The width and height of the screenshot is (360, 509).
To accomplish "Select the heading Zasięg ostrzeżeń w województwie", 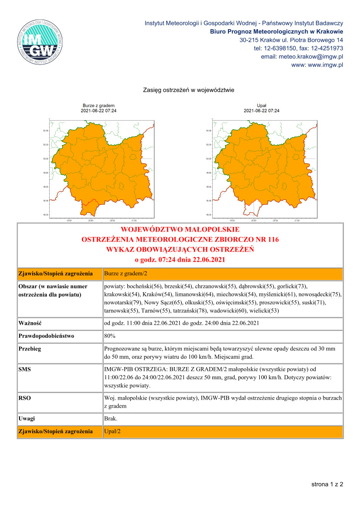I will (189, 91).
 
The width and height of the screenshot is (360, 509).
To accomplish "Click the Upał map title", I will (262, 105).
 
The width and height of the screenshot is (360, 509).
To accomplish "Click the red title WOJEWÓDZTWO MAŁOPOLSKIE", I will (180, 229).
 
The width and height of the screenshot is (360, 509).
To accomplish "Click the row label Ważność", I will (30, 323).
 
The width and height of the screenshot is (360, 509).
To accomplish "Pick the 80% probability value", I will (110, 336).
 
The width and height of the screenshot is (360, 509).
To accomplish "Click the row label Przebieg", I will (30, 349).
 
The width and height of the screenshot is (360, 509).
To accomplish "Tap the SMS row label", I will (25, 369).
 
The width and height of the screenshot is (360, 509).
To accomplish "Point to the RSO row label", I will (25, 398).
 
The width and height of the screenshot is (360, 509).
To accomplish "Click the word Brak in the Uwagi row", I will (111, 418).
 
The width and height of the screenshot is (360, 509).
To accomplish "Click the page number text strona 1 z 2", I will (327, 484).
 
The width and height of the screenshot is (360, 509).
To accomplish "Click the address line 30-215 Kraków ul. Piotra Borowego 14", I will (291, 40).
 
